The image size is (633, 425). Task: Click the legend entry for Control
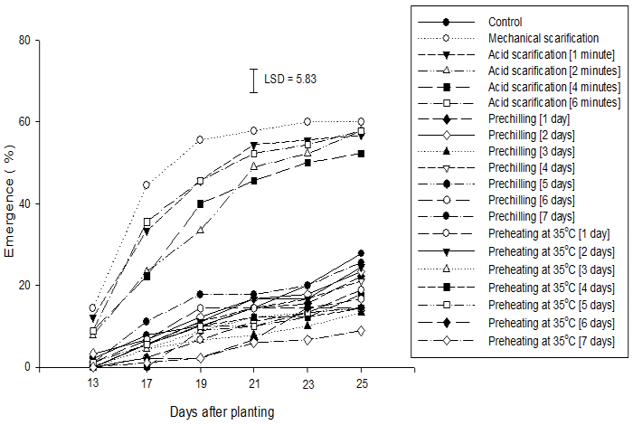coord(505,22)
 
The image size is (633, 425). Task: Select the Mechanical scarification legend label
coord(543,38)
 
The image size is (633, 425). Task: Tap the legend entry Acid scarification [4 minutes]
coord(553,87)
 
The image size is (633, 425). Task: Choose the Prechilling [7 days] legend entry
coord(531,216)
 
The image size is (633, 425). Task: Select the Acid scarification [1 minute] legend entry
coord(551,54)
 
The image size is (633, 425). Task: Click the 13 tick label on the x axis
coord(93,383)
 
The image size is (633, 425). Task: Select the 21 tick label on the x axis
coord(254,383)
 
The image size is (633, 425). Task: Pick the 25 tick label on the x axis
coord(362,383)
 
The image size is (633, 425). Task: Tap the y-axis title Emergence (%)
coord(11,203)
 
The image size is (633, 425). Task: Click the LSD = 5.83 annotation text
coord(290,79)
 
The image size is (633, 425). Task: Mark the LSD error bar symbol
coord(255,80)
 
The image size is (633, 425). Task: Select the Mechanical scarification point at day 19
coord(200,139)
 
